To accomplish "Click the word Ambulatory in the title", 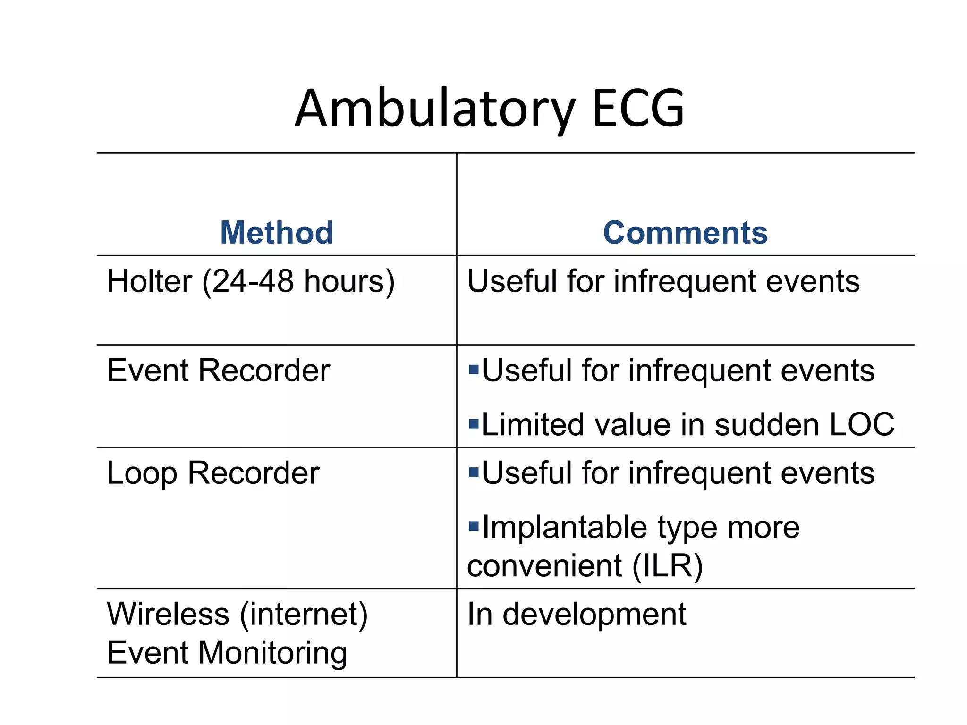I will click(434, 110).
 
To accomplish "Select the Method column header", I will click(277, 233).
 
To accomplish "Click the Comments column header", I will click(685, 233).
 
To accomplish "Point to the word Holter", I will click(149, 281).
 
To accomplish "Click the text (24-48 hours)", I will click(298, 282).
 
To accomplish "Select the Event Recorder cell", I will click(218, 371).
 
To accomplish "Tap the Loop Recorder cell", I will click(213, 473).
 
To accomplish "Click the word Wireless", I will click(168, 614).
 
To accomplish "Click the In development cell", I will click(576, 615).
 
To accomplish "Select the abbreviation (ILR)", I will click(668, 565).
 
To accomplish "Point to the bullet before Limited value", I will click(474, 422).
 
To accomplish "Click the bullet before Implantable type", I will click(474, 525).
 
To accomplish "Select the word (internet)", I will click(304, 614).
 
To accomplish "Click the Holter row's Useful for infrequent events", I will click(663, 281).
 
